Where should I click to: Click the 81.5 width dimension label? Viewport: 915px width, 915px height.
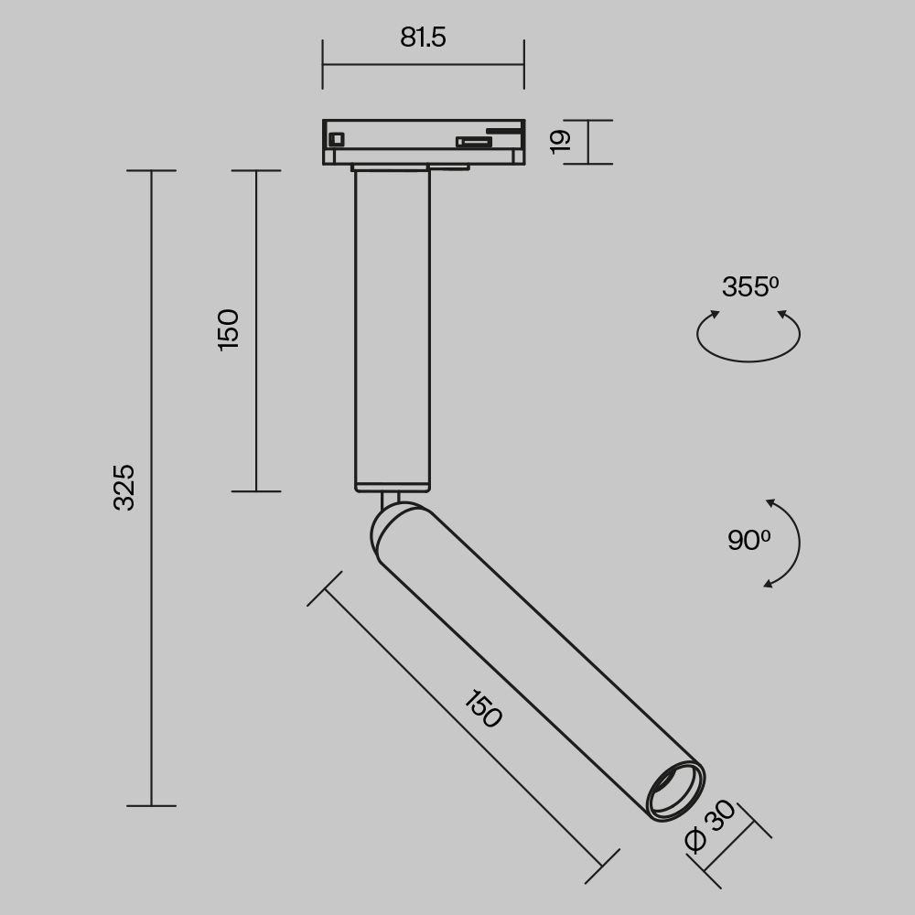(423, 38)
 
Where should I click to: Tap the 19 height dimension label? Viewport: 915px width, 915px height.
(561, 140)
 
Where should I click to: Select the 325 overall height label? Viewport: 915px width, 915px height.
(124, 487)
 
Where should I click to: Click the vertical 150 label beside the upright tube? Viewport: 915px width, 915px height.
(228, 329)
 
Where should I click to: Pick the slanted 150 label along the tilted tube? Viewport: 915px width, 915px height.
(483, 710)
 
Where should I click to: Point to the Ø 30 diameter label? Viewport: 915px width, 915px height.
(710, 826)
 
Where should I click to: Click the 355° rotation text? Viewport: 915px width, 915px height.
(749, 287)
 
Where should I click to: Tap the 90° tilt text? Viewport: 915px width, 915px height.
(748, 541)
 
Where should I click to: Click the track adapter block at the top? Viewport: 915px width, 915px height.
(423, 142)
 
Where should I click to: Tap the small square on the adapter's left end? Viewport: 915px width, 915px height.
(336, 139)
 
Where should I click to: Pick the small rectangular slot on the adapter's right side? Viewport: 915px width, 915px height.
(473, 141)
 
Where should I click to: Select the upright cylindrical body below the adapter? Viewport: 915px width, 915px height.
(393, 329)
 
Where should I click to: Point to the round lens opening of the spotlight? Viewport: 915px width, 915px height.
(675, 789)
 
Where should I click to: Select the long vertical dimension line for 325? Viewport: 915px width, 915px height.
(151, 640)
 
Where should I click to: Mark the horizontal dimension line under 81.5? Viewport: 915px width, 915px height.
(423, 65)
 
